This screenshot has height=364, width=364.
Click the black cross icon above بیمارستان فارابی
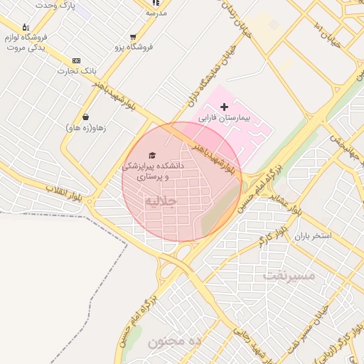[x=225, y=107]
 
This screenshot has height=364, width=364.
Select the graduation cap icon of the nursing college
[x=151, y=155]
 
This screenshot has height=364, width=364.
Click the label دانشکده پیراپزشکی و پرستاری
[x=153, y=169]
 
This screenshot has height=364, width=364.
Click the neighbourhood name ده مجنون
[x=176, y=341]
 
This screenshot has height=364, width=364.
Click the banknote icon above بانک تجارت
[x=77, y=61]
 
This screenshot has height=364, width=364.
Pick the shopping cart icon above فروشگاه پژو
[x=133, y=37]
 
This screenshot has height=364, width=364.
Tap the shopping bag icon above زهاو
[x=86, y=117]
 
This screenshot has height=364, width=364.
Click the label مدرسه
[x=156, y=13]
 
